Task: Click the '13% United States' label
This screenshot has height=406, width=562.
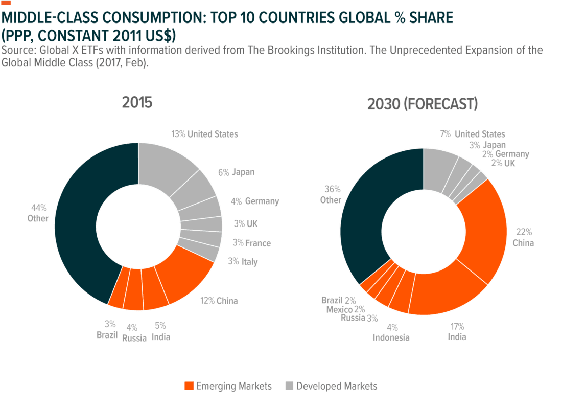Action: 204,134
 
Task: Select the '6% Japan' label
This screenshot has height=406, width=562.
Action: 236,172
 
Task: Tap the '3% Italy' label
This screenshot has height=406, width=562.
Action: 243,262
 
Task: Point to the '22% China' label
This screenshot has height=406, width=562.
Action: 523,237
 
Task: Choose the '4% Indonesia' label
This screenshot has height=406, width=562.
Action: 391,332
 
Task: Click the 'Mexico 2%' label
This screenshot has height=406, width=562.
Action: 345,309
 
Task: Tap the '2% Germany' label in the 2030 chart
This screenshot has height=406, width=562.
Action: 506,154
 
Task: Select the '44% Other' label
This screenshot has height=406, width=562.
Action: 39,213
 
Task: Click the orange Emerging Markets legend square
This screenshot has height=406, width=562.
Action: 189,386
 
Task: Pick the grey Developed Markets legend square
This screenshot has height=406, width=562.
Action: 289,386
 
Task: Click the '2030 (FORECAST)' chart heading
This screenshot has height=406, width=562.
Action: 423,104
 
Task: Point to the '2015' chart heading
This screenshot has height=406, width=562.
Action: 138,102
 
